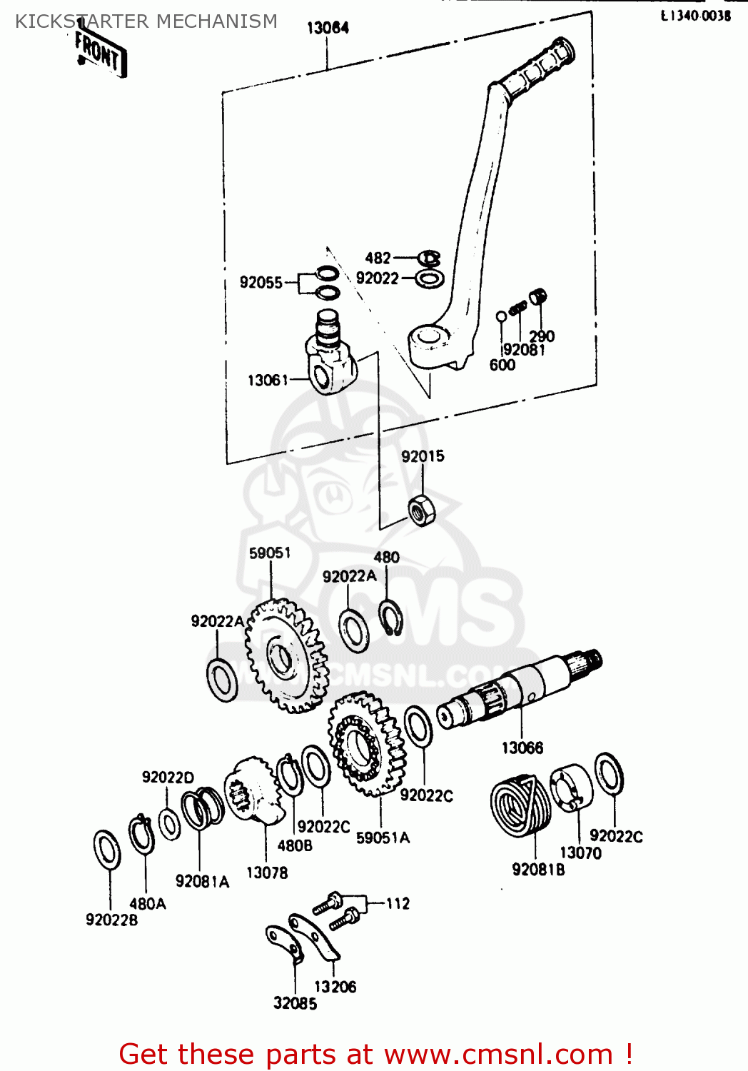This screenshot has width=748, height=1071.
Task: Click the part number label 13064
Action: pos(328,28)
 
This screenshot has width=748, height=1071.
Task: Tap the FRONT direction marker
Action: pos(100,54)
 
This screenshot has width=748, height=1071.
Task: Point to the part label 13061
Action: pos(268,381)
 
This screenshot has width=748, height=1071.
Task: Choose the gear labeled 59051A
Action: pos(365,744)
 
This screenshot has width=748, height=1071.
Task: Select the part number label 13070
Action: pos(580,853)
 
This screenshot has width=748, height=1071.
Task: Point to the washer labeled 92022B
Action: pos(107,850)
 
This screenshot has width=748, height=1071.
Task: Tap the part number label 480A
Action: pos(148,904)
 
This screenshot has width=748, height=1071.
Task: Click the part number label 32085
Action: pos(295,1003)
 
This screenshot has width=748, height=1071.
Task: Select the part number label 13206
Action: pos(335,987)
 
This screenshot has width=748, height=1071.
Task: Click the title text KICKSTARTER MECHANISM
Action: pos(146,21)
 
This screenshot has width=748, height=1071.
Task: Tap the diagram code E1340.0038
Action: pos(695,16)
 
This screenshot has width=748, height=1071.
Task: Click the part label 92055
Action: pos(261,283)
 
